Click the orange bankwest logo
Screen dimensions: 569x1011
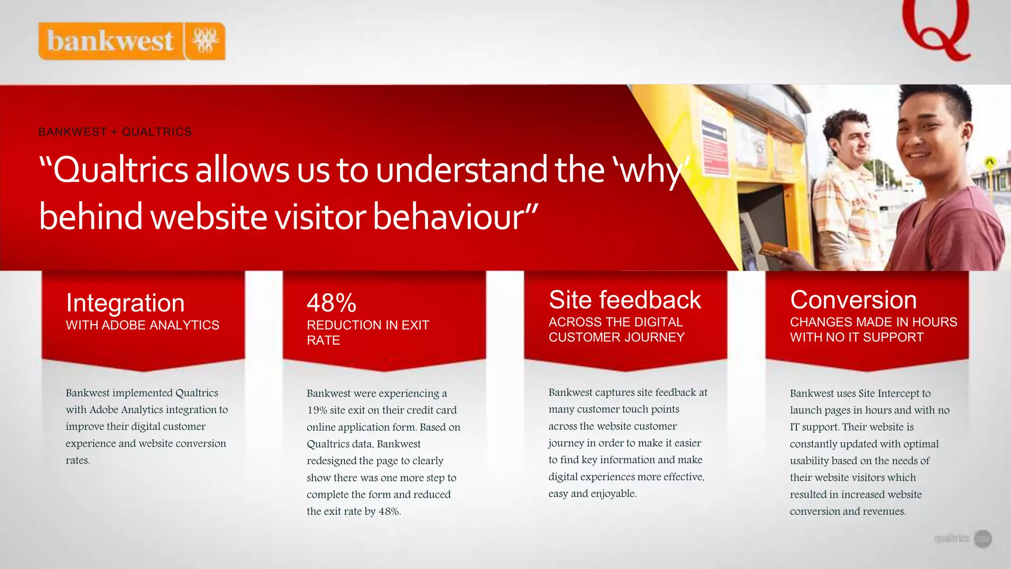pos(131,41)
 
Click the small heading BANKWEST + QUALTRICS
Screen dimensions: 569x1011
pos(115,132)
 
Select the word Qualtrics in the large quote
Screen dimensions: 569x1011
pos(120,170)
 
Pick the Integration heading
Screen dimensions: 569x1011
pos(125,303)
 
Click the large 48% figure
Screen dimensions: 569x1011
pos(331,303)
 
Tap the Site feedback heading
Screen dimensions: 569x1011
pos(625,300)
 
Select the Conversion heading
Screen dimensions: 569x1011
pos(853,300)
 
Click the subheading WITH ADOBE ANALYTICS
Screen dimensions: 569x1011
pos(143,325)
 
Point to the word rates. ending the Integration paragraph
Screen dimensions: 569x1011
pos(78,460)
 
